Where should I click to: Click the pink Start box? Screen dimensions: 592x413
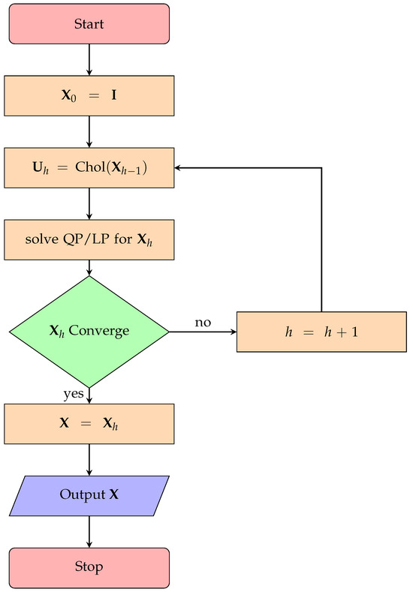pos(89,24)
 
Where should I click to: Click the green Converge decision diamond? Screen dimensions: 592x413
pos(89,331)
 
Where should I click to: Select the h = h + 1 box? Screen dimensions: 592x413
pos(321,331)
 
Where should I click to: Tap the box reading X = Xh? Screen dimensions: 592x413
pos(89,423)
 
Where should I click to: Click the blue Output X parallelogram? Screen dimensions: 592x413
pos(89,495)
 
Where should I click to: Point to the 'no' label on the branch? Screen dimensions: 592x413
pos(203,323)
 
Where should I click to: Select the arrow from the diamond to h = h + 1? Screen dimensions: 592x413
pos(203,332)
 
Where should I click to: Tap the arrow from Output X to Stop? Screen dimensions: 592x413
pos(89,530)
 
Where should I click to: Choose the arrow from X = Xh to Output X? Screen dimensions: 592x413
pos(89,459)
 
